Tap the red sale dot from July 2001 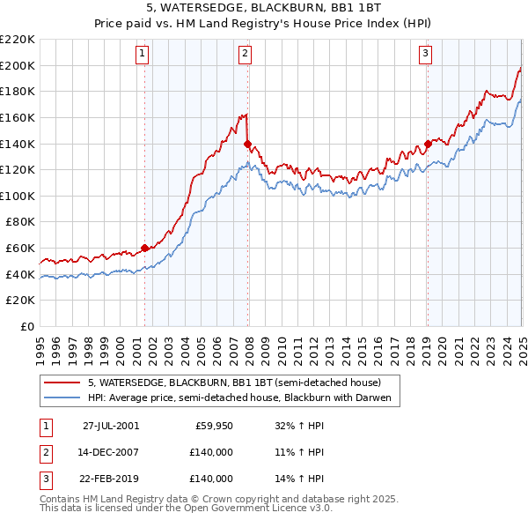(x=145, y=248)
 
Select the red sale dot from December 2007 (x=248, y=144)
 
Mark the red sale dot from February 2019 (x=428, y=144)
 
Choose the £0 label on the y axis (x=26, y=326)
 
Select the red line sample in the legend (x=62, y=383)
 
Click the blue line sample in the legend (x=62, y=398)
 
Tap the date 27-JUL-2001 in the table (x=111, y=426)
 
